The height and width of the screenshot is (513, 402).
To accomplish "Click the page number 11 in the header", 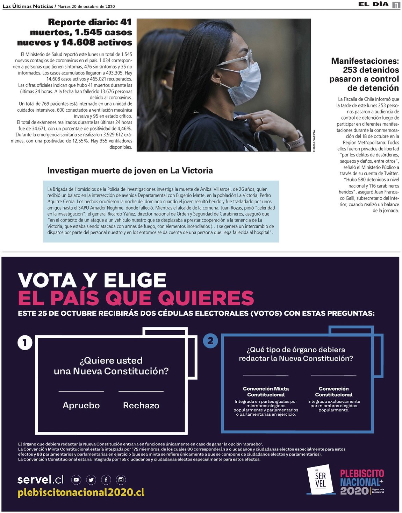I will [x=396, y=5].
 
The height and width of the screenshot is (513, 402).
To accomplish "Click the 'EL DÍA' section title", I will [x=373, y=5].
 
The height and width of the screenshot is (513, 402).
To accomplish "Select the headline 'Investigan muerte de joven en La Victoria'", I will [x=130, y=171].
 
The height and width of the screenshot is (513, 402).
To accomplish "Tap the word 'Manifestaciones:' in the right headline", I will [x=365, y=61].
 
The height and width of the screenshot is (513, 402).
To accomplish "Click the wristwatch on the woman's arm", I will [x=293, y=140].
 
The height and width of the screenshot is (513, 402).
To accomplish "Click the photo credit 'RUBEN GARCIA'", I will [x=314, y=141].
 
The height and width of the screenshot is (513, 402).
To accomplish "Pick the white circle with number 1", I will [x=25, y=343].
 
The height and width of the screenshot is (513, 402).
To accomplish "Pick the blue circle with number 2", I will [x=210, y=340].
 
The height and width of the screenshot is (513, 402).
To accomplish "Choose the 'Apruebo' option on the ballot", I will [x=81, y=405].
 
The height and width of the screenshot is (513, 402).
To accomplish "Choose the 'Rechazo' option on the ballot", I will [x=141, y=405].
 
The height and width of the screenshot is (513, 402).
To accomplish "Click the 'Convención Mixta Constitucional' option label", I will [x=266, y=392].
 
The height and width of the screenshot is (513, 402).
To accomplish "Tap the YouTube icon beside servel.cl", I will [x=76, y=480].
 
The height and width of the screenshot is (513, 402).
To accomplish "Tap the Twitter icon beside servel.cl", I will [x=91, y=480].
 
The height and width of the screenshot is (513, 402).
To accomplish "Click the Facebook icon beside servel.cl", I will [x=106, y=480].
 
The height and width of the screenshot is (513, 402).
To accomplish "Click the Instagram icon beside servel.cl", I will [x=121, y=480].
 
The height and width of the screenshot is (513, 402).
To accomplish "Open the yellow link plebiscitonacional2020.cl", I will [x=81, y=492].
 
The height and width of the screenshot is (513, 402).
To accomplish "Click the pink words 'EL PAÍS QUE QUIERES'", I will [x=136, y=298].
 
